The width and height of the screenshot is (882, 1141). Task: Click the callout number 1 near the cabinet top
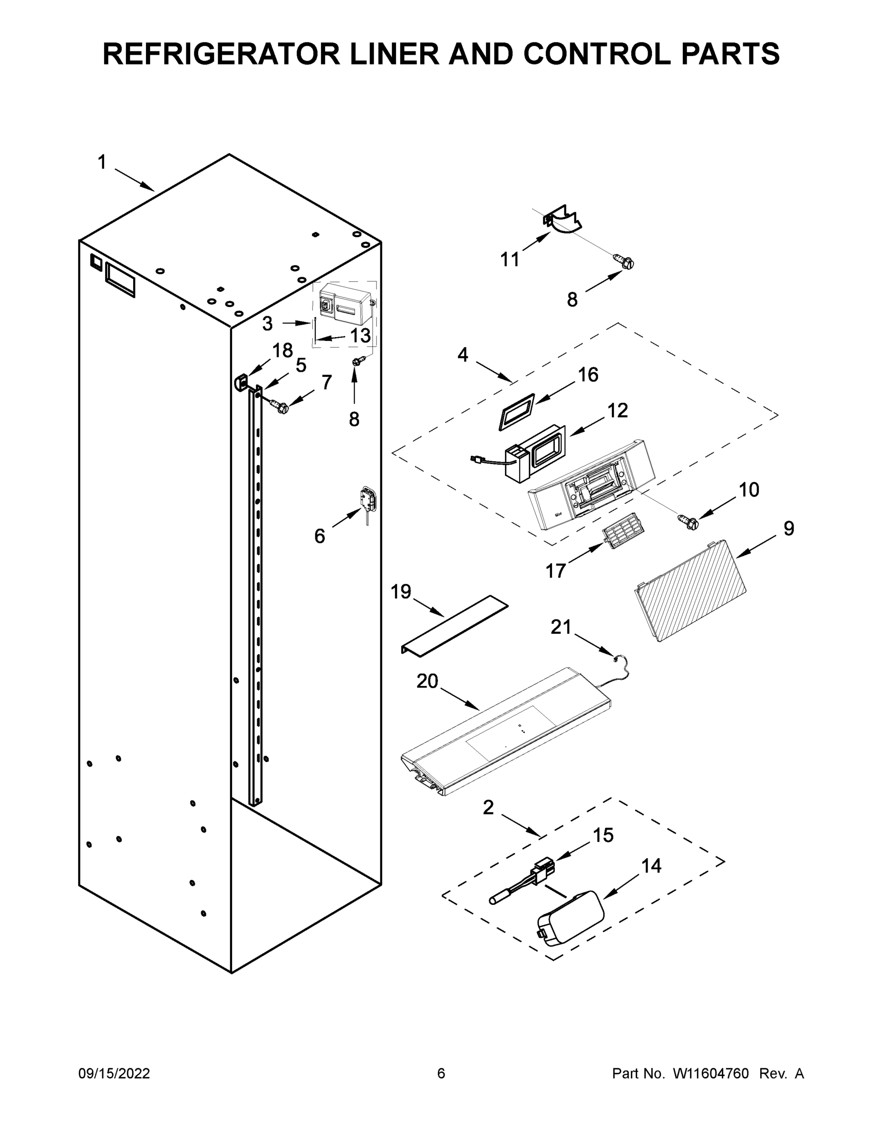[x=102, y=163]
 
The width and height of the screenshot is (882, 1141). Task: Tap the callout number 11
[x=510, y=260]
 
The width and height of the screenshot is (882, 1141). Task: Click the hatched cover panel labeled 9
[x=690, y=591]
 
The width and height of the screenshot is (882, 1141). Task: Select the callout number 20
[x=427, y=681]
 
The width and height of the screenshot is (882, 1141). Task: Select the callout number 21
[x=561, y=627]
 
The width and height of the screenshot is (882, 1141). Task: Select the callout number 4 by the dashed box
[x=463, y=355]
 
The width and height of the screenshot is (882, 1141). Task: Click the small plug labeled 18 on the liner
[x=241, y=382]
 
